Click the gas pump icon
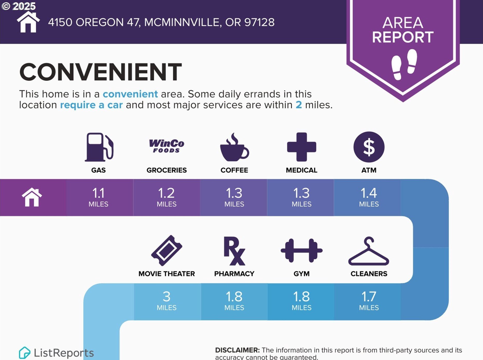point(99,147)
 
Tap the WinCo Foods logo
point(166,146)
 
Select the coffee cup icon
point(234,147)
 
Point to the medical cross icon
point(302,147)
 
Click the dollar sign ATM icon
point(369,147)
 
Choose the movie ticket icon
point(167,250)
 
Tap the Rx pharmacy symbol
point(234,251)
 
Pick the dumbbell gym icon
point(302,250)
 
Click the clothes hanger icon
point(369,251)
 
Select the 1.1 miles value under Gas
point(99,197)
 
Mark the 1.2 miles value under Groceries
point(166,197)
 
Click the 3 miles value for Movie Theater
point(166,301)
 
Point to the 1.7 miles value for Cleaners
point(369,301)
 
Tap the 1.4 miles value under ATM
point(369,197)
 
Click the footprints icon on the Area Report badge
point(404,64)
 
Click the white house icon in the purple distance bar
point(32,197)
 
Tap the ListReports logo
point(56,353)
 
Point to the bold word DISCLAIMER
point(237,350)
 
